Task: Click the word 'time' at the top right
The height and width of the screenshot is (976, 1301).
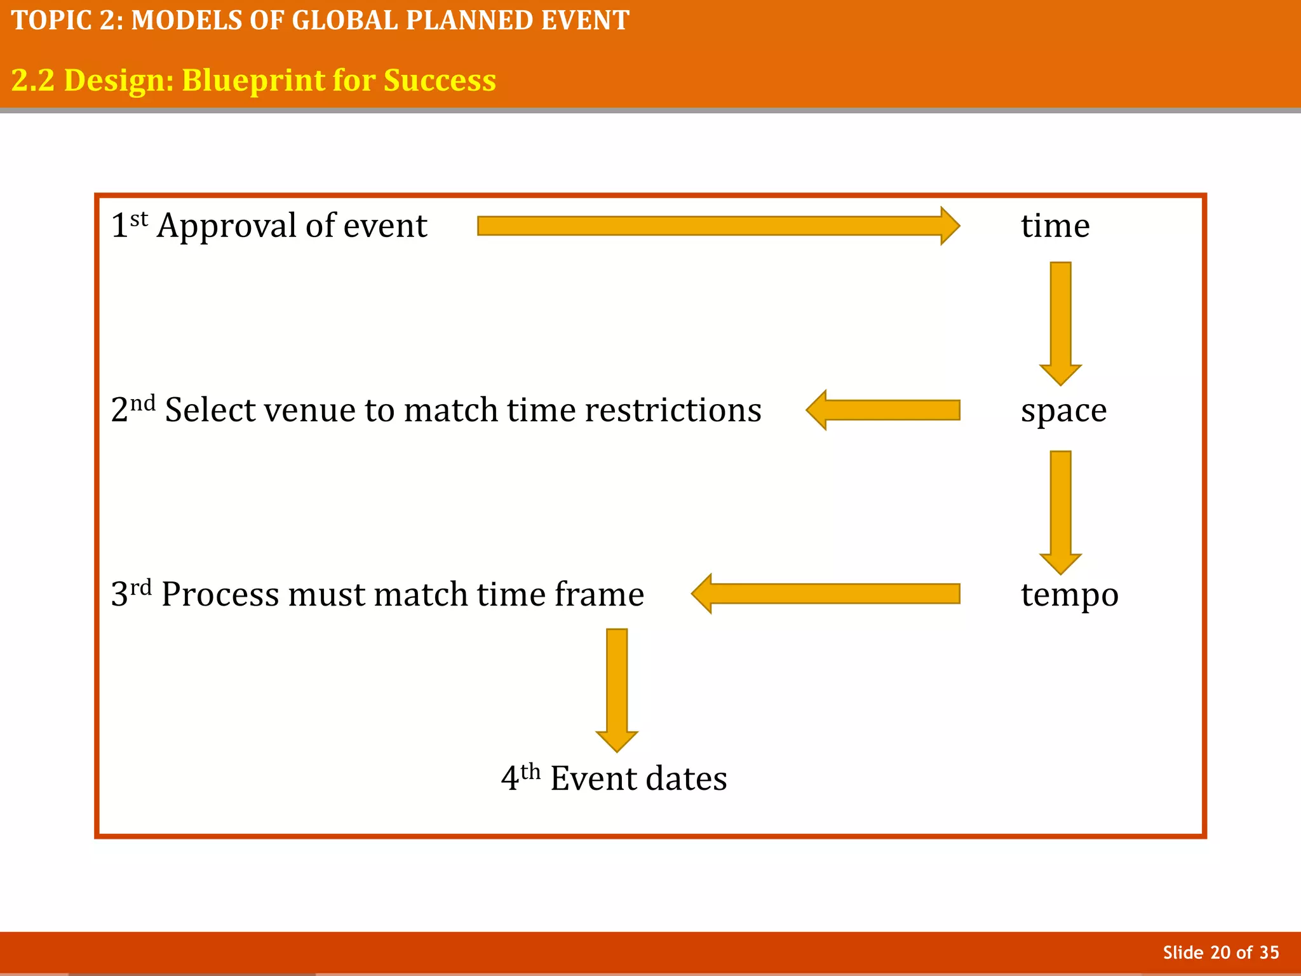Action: pyautogui.click(x=1055, y=226)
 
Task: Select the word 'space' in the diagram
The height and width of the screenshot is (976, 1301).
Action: pyautogui.click(x=1063, y=410)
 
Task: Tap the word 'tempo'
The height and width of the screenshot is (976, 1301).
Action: pyautogui.click(x=1069, y=595)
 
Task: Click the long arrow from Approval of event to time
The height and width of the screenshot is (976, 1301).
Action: pyautogui.click(x=718, y=226)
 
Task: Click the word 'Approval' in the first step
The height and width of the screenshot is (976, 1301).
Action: pyautogui.click(x=226, y=227)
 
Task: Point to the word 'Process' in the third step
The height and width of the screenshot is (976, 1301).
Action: pyautogui.click(x=220, y=595)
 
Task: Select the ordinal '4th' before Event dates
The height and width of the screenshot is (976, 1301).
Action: pyautogui.click(x=520, y=777)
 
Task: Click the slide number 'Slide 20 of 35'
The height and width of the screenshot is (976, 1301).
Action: pyautogui.click(x=1220, y=952)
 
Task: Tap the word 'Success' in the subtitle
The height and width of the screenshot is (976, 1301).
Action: pyautogui.click(x=440, y=80)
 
